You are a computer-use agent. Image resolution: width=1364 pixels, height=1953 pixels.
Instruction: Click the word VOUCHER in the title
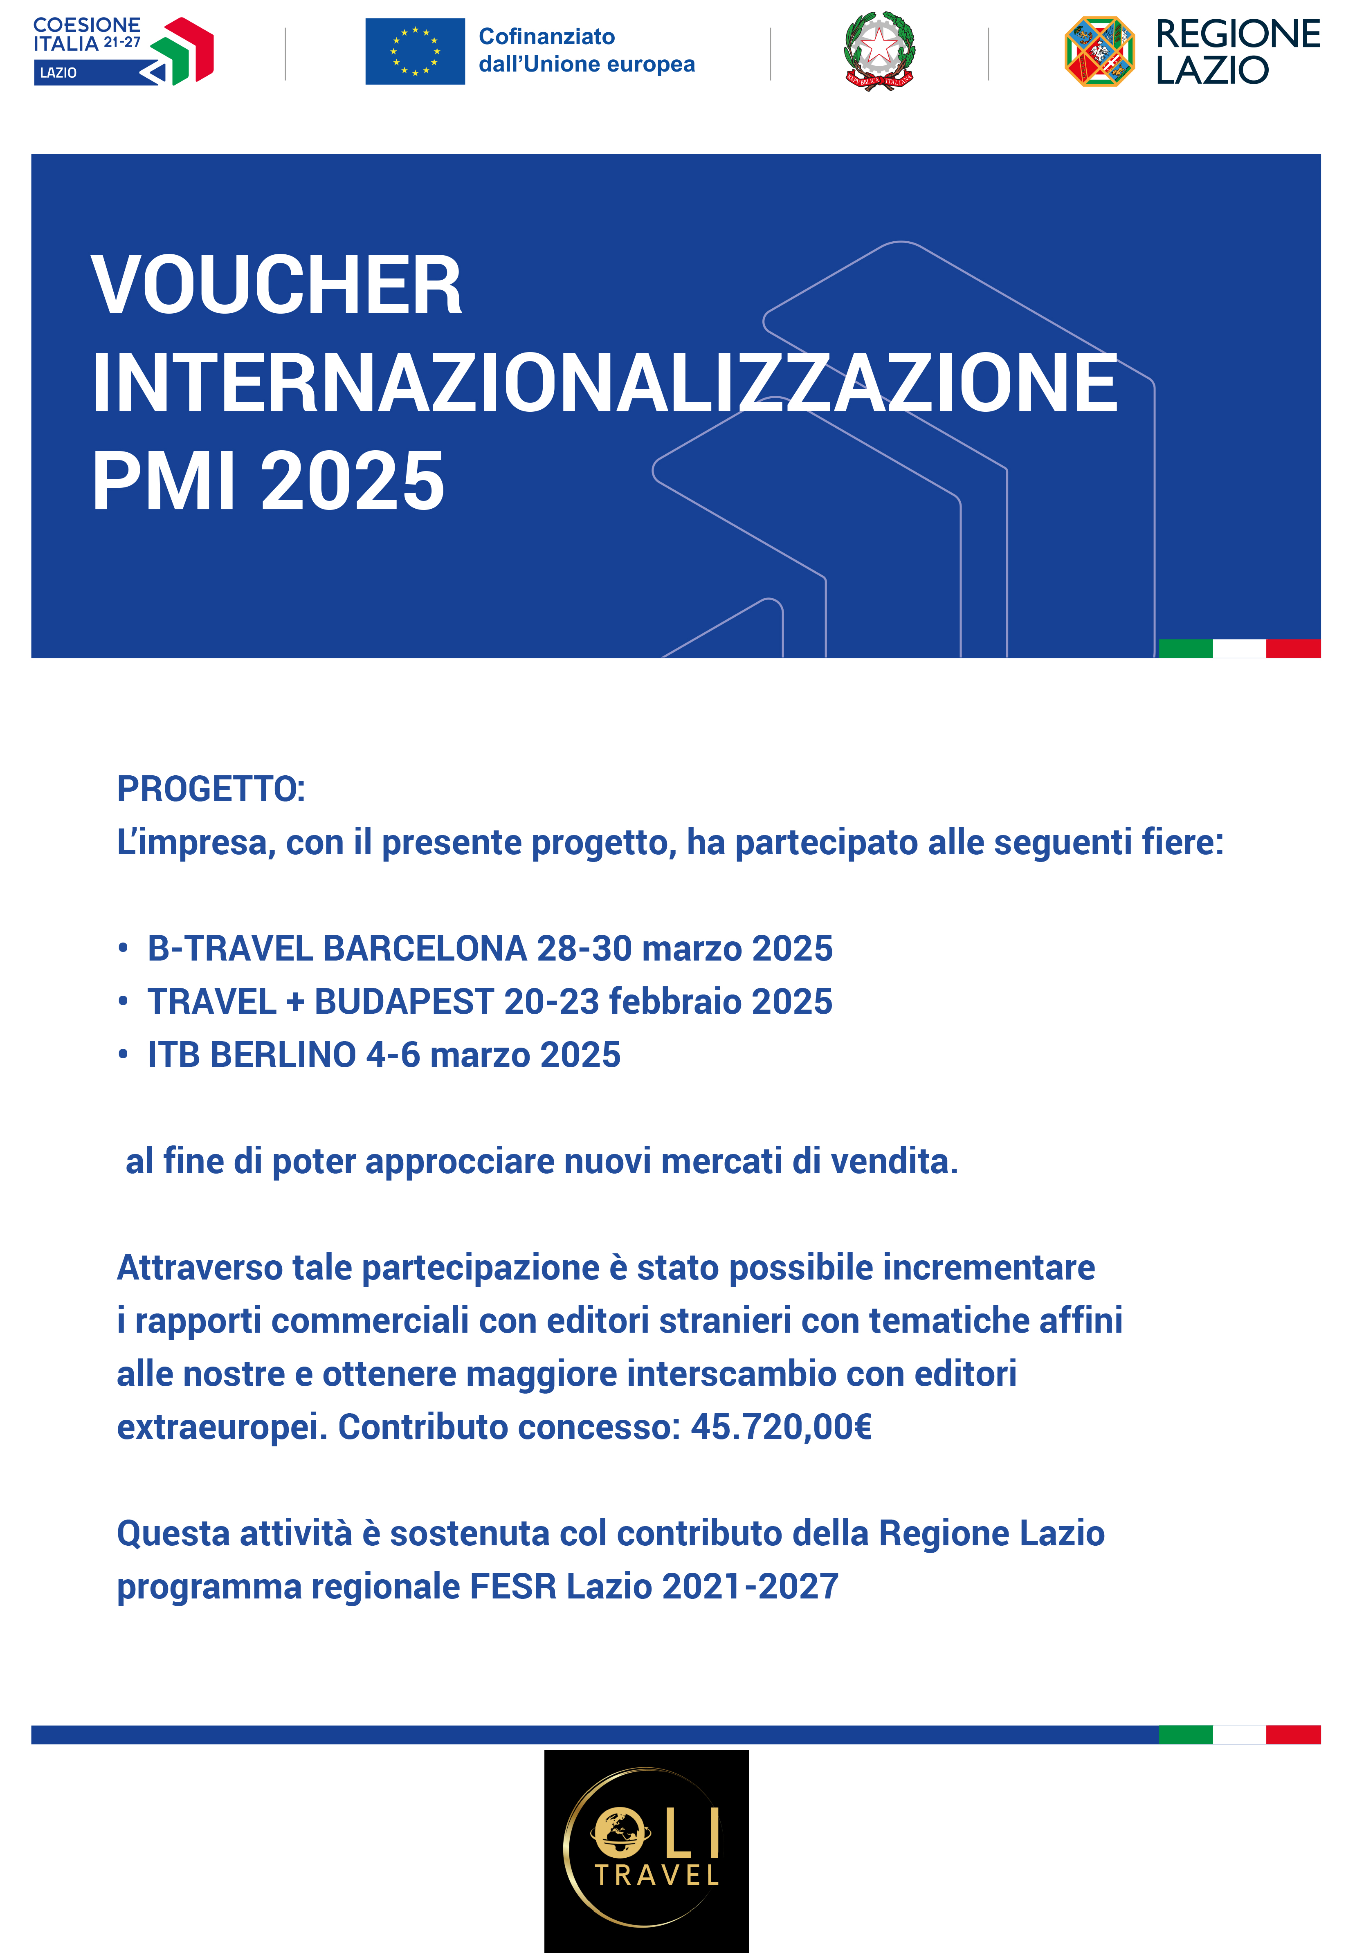tap(276, 286)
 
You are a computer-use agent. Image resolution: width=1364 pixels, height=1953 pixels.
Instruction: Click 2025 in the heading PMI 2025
tap(352, 481)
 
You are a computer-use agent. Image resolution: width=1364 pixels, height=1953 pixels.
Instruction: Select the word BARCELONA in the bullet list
tap(425, 948)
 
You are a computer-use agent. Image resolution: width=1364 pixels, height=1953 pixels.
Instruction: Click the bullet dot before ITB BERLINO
tap(124, 1055)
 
